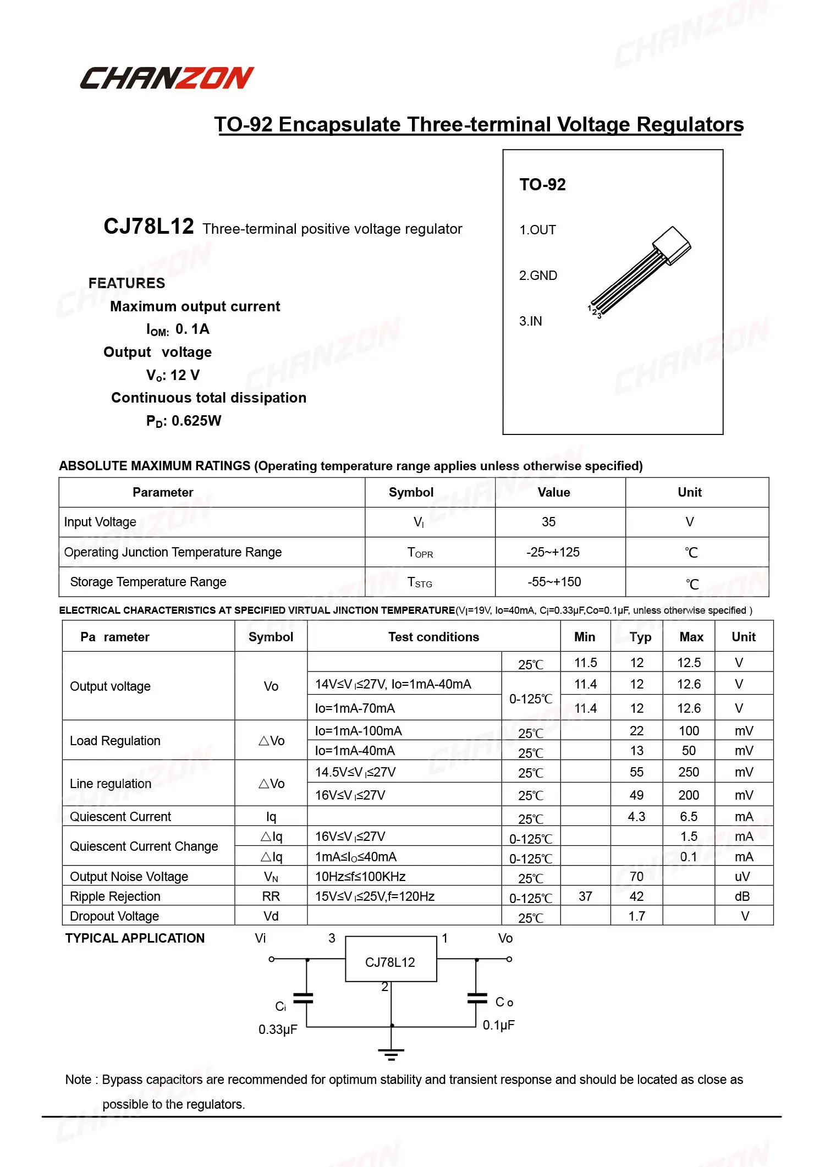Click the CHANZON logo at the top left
point(167,78)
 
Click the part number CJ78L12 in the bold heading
point(148,227)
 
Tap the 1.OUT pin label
point(537,230)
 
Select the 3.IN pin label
point(530,321)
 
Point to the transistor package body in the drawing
point(672,245)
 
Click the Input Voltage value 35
point(548,522)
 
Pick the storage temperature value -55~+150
point(554,582)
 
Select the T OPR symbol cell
point(420,552)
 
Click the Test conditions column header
point(433,637)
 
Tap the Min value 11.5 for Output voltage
point(585,663)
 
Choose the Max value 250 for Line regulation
point(689,772)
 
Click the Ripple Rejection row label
point(115,896)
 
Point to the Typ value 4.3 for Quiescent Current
point(636,817)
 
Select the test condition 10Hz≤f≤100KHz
point(360,877)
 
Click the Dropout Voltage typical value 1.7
point(636,916)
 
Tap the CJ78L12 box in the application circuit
point(391,962)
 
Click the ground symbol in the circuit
point(391,1054)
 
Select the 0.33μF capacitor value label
point(278,1030)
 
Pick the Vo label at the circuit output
point(505,938)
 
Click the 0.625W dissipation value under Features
point(196,421)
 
